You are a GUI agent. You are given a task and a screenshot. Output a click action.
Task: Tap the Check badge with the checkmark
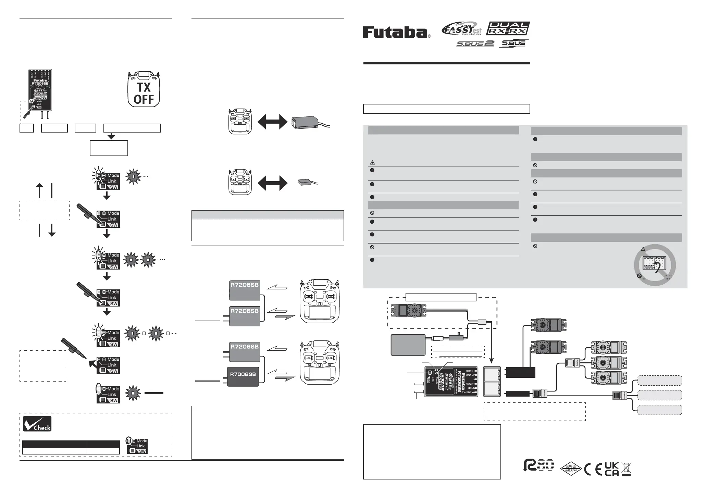tap(37, 424)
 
